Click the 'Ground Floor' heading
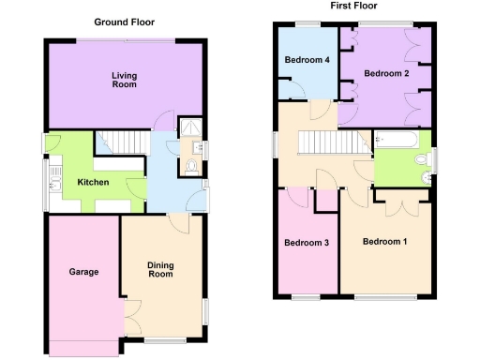[125, 22]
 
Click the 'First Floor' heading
[348, 6]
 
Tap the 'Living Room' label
[124, 80]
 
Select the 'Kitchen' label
[93, 182]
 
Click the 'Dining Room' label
[160, 270]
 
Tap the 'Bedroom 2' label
[385, 73]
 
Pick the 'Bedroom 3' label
[306, 243]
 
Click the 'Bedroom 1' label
[385, 242]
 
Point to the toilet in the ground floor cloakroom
[190, 167]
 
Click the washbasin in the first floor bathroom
[432, 157]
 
